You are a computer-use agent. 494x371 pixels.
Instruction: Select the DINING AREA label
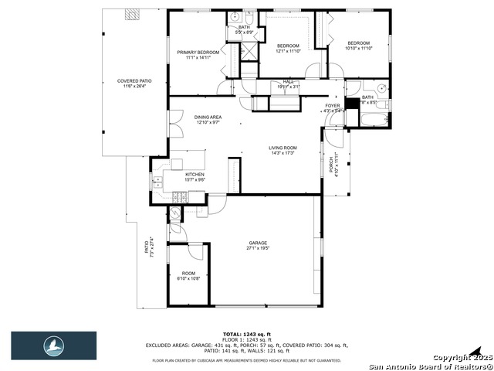[x=208, y=119]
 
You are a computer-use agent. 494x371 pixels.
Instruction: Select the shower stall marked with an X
[x=249, y=51]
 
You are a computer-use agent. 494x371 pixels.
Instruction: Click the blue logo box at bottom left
[x=53, y=345]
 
